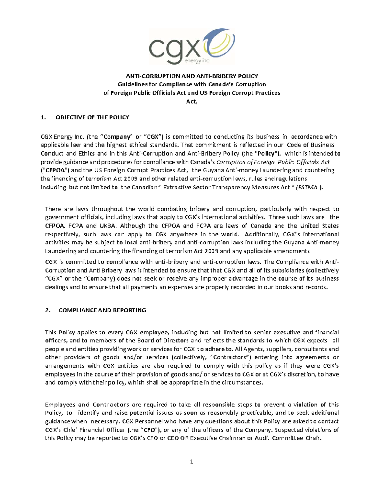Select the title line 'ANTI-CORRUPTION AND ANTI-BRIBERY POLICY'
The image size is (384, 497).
click(192, 76)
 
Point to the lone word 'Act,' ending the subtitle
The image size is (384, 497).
click(192, 101)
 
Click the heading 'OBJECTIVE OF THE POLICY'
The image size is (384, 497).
click(92, 117)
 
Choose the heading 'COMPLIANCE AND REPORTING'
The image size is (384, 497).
click(102, 310)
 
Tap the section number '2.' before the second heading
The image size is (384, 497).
click(48, 310)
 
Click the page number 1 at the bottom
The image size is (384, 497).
click(192, 461)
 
